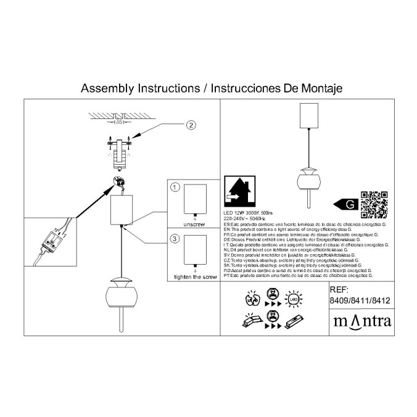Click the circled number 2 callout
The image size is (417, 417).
pyautogui.click(x=191, y=125)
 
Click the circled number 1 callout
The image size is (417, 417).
pyautogui.click(x=175, y=187)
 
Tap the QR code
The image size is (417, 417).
pyautogui.click(x=374, y=205)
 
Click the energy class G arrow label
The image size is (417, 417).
pyautogui.click(x=346, y=204)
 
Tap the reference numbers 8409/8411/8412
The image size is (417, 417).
pyautogui.click(x=361, y=301)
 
